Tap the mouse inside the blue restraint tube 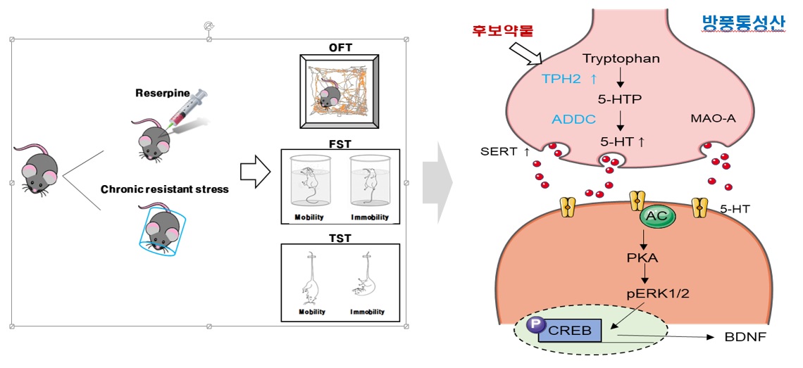tap(161, 229)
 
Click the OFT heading tap(340, 49)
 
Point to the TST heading tap(340, 238)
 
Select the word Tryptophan tap(621, 58)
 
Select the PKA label tap(642, 257)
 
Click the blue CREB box tap(570, 330)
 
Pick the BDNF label tap(745, 337)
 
